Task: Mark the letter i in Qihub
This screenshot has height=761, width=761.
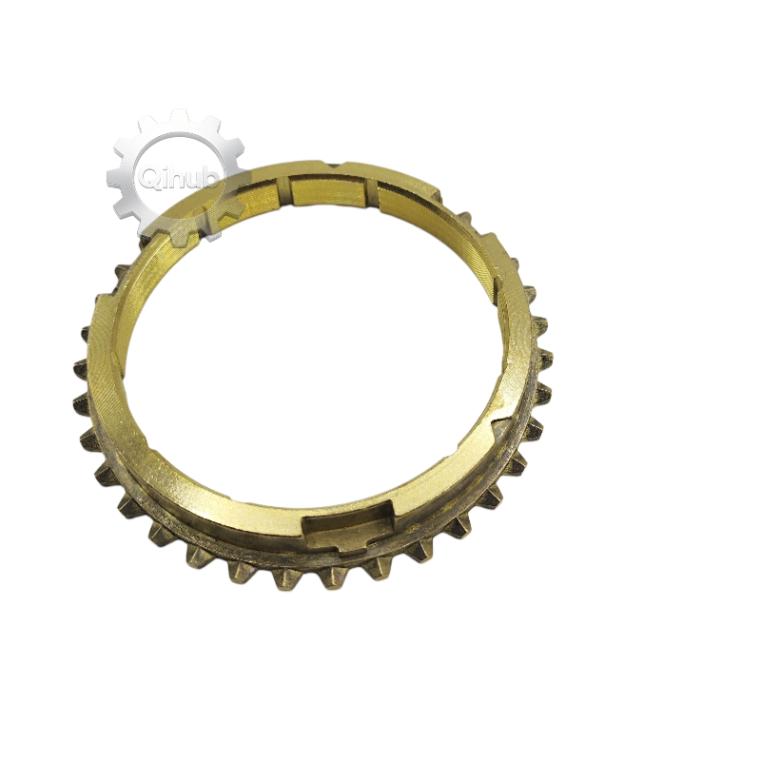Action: tap(164, 176)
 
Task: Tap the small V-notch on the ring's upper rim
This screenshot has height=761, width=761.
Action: tap(336, 165)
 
